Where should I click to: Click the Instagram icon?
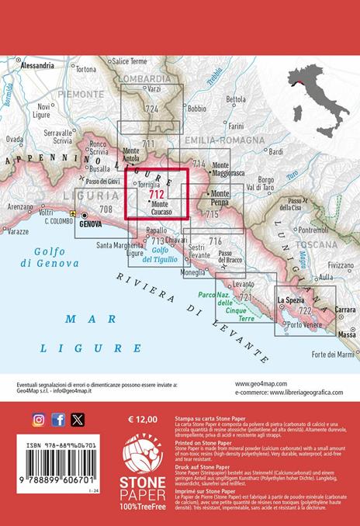tap(38, 420)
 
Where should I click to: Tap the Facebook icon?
tap(58, 420)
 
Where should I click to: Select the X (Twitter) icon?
tap(78, 420)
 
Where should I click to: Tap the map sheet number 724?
tap(152, 109)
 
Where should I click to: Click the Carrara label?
tap(344, 310)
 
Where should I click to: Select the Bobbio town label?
tap(197, 109)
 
